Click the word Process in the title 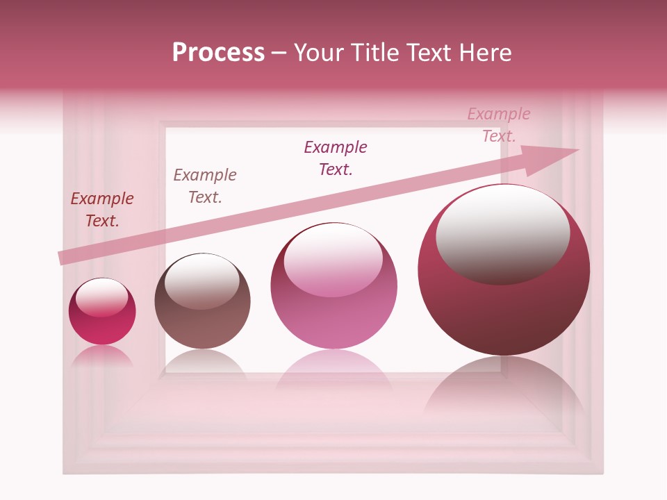(x=218, y=53)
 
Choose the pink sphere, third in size (x=334, y=319)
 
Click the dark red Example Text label (x=102, y=210)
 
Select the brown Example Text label (x=205, y=186)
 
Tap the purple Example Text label (x=336, y=158)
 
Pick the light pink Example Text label (x=499, y=125)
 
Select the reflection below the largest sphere (x=504, y=396)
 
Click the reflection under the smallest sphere (x=102, y=356)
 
